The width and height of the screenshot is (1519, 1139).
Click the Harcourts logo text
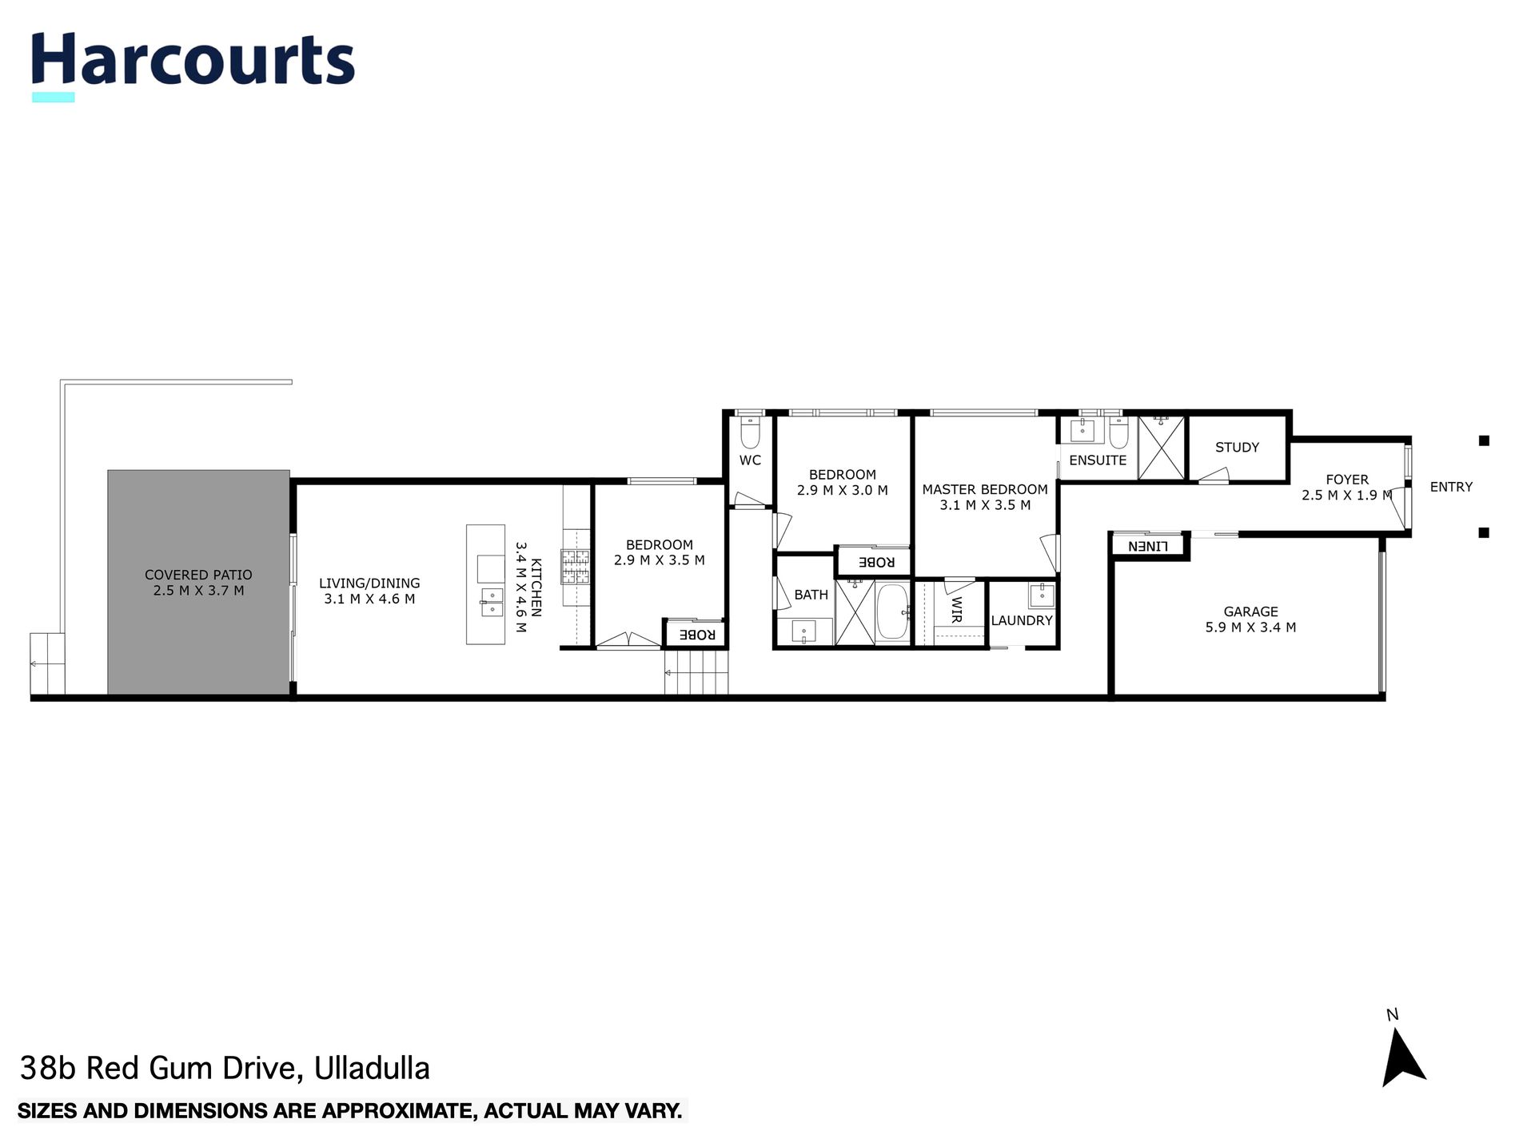point(193,61)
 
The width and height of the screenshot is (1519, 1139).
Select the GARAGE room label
point(1250,611)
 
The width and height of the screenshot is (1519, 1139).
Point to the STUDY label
point(1237,448)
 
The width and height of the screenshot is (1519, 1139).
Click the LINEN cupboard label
point(1148,547)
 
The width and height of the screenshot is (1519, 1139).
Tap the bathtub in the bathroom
point(892,613)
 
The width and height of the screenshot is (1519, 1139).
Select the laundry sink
point(1042,595)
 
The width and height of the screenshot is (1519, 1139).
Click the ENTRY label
point(1450,487)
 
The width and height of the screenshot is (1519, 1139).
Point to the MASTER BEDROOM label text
point(984,489)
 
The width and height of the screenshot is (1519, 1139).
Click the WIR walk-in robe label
point(956,609)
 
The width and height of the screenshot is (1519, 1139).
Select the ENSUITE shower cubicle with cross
point(1161,448)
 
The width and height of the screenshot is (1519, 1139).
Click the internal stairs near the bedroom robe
point(696,672)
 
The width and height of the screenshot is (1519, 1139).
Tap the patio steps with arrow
point(46,663)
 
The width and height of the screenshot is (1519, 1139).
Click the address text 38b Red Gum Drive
point(225,1068)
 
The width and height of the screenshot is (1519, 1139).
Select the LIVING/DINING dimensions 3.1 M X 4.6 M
point(369,599)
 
